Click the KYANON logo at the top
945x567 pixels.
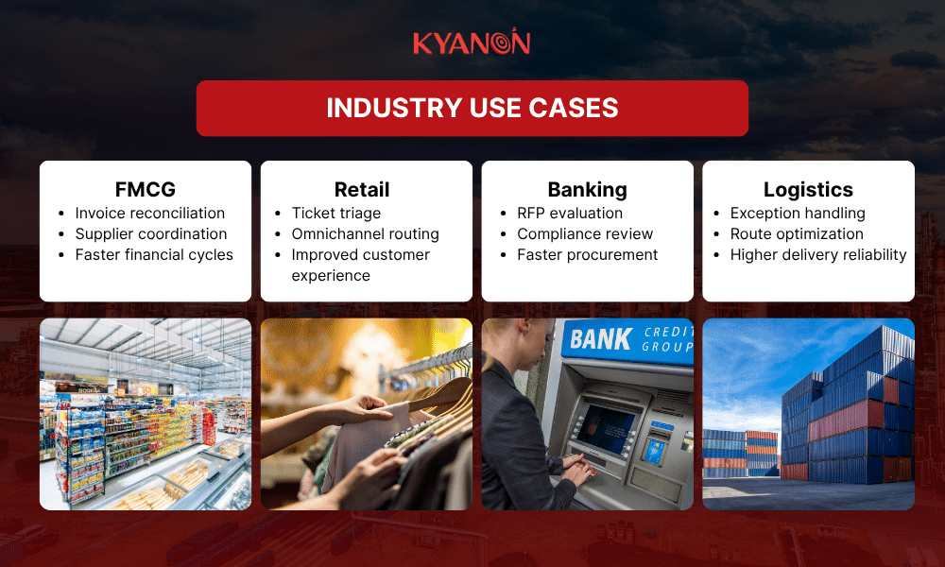(x=472, y=43)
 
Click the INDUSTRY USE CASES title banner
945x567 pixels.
(x=472, y=108)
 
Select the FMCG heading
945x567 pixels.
(x=146, y=189)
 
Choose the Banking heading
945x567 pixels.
(x=587, y=189)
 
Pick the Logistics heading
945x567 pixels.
(x=808, y=189)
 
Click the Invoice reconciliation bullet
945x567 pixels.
(x=150, y=213)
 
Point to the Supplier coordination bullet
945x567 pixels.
(x=151, y=233)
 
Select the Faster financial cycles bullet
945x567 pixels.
(x=154, y=254)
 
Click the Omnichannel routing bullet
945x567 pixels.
(x=365, y=233)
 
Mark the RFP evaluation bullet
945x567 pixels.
(x=570, y=213)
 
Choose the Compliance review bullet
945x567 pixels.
(x=585, y=233)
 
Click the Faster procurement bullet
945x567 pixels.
(x=587, y=254)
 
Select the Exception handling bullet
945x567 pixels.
(x=798, y=213)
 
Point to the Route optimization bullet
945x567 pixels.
(x=797, y=233)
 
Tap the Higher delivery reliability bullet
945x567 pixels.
(x=818, y=254)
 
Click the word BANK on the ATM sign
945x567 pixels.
(x=601, y=338)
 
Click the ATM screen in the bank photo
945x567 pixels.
(x=606, y=425)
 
